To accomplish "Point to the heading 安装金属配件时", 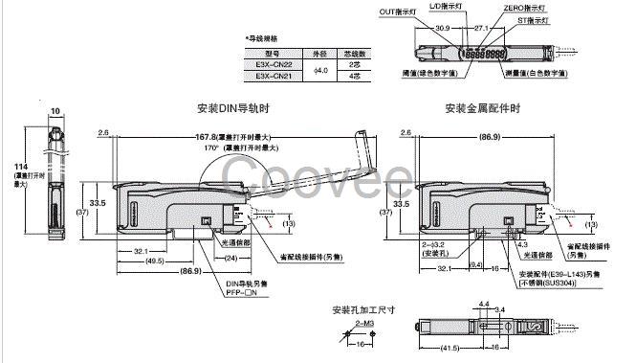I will coord(484,109).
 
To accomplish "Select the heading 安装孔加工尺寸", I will coord(363,310).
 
